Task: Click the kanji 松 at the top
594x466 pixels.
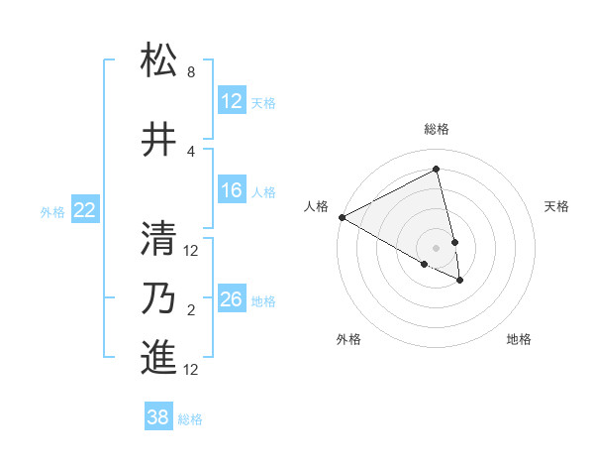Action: [x=159, y=61]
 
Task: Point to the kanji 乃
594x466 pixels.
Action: [x=159, y=298]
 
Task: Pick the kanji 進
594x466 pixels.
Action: [x=159, y=357]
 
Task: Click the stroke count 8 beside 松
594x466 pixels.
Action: [x=191, y=73]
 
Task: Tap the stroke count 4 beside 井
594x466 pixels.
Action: [x=191, y=152]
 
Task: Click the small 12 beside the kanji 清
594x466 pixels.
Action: [x=192, y=251]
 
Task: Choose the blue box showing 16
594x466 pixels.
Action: [x=231, y=191]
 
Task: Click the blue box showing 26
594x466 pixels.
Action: [x=231, y=300]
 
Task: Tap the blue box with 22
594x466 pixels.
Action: [x=85, y=210]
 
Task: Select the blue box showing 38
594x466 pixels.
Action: [x=158, y=417]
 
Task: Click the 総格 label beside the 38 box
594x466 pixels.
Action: [x=190, y=419]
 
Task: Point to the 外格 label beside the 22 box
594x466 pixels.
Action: [x=52, y=211]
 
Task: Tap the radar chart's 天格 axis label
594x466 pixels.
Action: [x=556, y=206]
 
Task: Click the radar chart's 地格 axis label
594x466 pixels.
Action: [x=519, y=339]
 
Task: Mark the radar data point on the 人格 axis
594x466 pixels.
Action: [x=342, y=217]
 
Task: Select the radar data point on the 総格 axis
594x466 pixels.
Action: [x=436, y=170]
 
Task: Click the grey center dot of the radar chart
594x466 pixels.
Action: [x=436, y=247]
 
